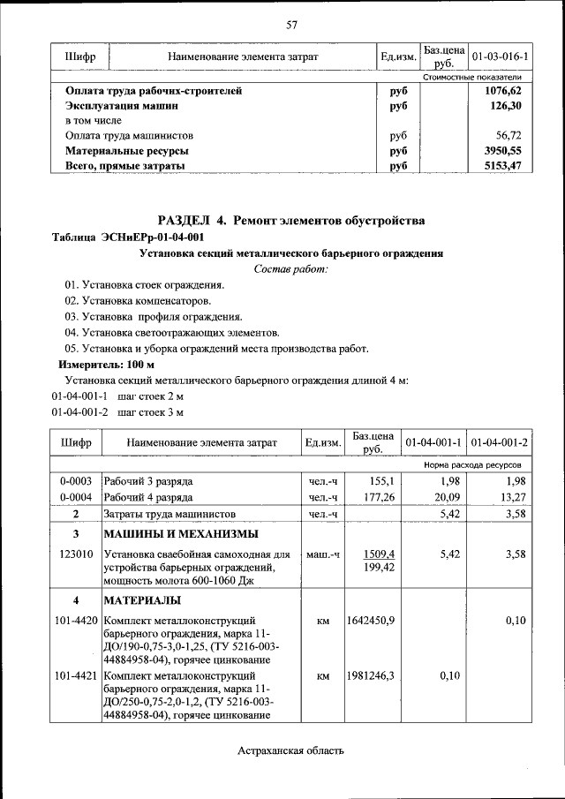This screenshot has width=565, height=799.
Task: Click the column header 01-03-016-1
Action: tap(500, 57)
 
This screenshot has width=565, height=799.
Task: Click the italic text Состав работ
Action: tap(291, 268)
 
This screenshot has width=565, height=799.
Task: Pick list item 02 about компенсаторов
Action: tap(138, 300)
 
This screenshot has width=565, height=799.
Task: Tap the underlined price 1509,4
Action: tap(377, 554)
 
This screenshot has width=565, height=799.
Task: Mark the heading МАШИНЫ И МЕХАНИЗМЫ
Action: tap(181, 534)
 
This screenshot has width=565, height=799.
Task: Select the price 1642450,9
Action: tap(371, 622)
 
